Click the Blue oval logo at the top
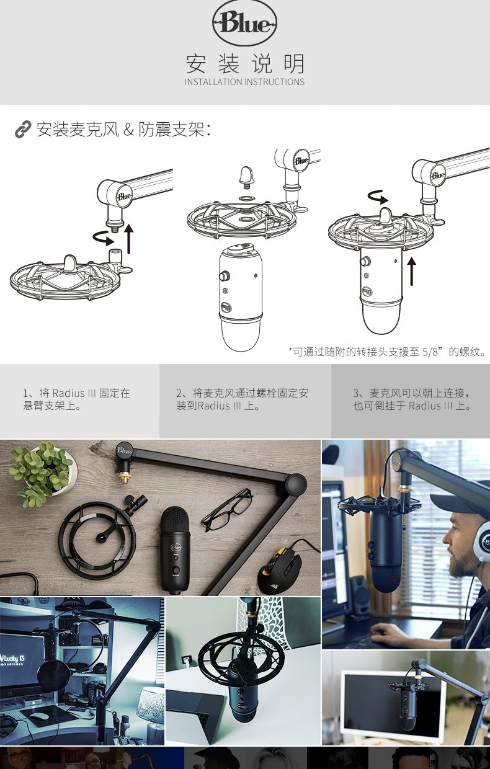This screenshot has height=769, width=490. click(244, 23)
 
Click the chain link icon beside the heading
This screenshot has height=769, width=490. click(23, 130)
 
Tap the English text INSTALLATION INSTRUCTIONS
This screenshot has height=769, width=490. click(244, 82)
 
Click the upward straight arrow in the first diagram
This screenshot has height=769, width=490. click(129, 239)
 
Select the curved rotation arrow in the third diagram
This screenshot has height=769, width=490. click(378, 197)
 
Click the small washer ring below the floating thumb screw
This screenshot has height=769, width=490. click(247, 198)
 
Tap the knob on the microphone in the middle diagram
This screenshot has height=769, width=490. click(225, 275)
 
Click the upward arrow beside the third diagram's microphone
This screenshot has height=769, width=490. click(411, 272)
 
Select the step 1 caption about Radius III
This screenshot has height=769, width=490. click(76, 399)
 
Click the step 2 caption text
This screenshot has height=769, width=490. click(242, 399)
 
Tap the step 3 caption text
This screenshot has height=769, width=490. click(412, 399)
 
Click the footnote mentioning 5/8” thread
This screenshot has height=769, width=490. click(387, 352)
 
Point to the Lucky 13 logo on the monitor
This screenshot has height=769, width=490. click(12, 659)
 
